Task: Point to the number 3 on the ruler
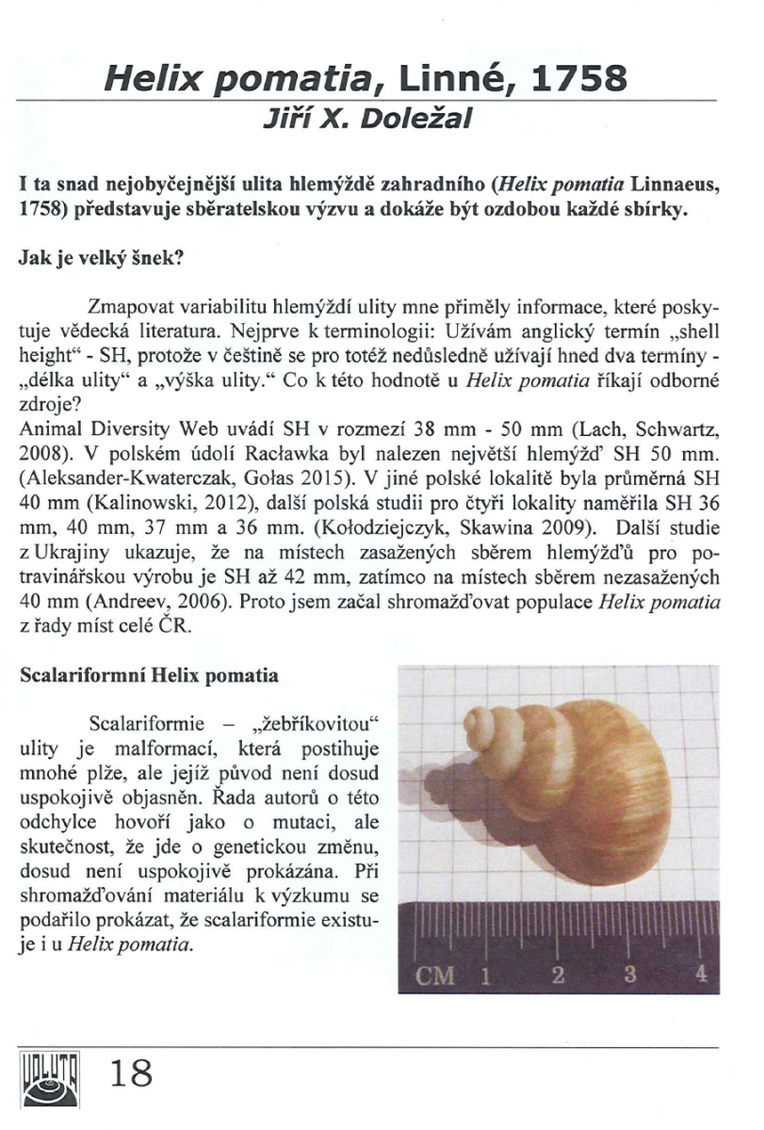(628, 974)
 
